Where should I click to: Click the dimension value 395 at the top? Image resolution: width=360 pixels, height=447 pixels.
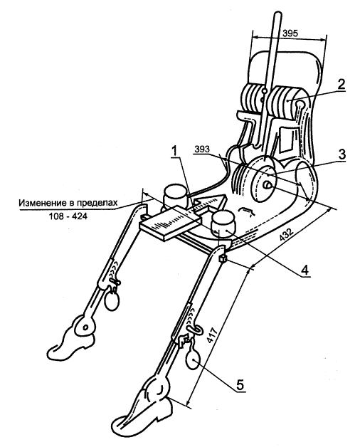[290, 33]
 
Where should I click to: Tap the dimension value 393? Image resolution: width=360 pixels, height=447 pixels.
[202, 149]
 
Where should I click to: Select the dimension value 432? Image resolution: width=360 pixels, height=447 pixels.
[287, 236]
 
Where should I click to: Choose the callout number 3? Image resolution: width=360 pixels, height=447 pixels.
[342, 154]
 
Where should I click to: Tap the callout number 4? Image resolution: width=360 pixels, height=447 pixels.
[305, 270]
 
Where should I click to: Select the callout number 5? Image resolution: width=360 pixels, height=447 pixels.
[240, 385]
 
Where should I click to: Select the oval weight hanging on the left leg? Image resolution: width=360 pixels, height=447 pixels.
[112, 301]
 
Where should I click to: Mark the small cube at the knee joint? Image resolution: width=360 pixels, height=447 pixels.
[223, 258]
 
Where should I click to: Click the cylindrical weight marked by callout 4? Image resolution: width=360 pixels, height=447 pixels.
[223, 224]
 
